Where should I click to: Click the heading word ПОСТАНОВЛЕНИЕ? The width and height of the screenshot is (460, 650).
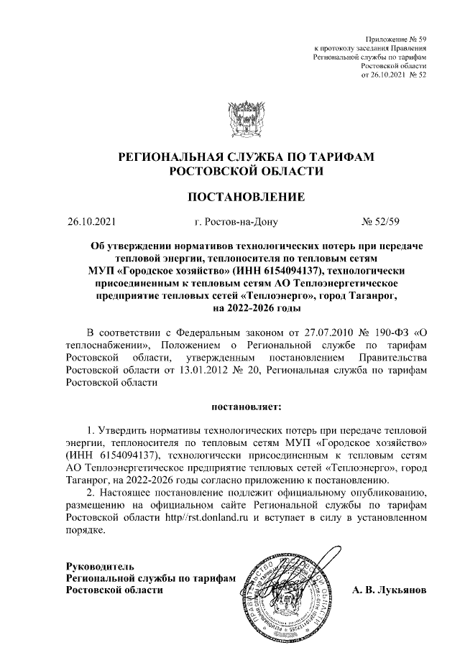click(247, 197)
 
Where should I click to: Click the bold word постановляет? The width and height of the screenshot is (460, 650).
click(247, 407)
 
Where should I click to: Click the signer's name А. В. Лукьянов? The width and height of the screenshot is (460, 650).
click(389, 590)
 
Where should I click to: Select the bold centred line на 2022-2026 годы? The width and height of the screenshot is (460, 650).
click(247, 307)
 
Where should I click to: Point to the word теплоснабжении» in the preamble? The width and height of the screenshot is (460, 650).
click(103, 344)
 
